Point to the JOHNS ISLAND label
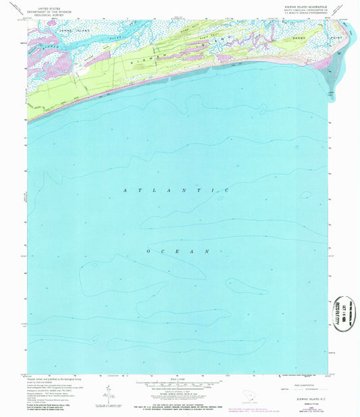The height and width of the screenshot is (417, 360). coord(75,31)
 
